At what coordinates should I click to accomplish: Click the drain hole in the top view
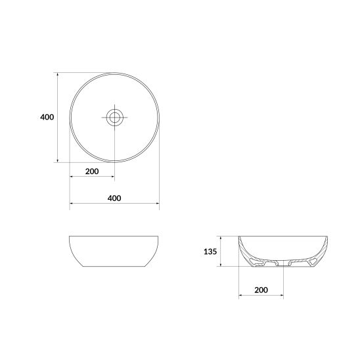[x=114, y=118]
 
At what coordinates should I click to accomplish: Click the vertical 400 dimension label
[x=47, y=117]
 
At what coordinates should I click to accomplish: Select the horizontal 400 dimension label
[x=114, y=198]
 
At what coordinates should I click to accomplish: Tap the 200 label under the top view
[x=92, y=171]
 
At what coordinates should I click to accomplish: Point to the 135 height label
[x=210, y=252]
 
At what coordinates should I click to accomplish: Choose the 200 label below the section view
[x=261, y=290]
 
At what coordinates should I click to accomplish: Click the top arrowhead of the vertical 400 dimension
[x=58, y=74]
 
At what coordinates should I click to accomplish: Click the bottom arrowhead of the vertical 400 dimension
[x=58, y=160]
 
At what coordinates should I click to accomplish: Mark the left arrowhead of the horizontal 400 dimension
[x=72, y=203]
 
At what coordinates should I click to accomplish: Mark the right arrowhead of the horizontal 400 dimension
[x=157, y=203]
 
